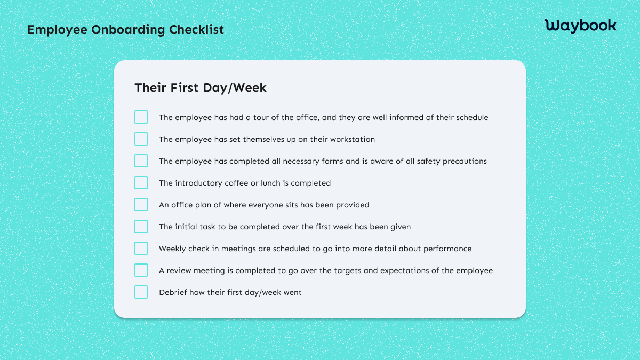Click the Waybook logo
click(x=580, y=25)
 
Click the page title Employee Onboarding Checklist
click(x=125, y=29)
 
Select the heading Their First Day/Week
click(x=201, y=87)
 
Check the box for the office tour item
click(x=141, y=117)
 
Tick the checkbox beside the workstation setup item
click(x=141, y=139)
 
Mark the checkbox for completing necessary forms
click(x=141, y=161)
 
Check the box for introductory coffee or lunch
click(x=141, y=183)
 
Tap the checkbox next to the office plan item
click(x=141, y=205)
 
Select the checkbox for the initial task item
click(x=141, y=227)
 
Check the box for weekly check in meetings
click(x=141, y=249)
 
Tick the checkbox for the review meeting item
click(x=141, y=270)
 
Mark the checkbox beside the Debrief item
click(x=141, y=292)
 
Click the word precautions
click(x=465, y=161)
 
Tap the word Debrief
click(x=172, y=292)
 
